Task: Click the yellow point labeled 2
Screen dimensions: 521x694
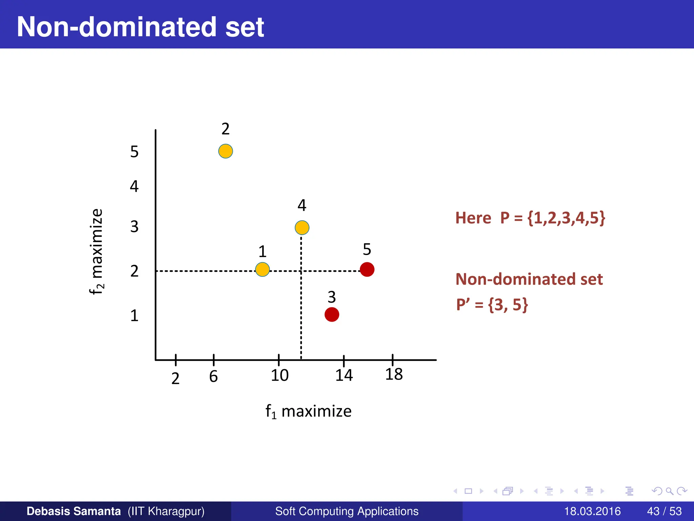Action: coord(225,151)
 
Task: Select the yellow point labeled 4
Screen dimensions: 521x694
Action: coord(302,227)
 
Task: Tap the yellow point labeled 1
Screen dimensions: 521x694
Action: coord(262,269)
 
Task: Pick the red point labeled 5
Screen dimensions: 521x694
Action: coord(367,269)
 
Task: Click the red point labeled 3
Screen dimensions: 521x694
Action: coord(332,314)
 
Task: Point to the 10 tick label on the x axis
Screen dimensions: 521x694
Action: coord(280,375)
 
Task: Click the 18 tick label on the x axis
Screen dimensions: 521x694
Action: coord(394,374)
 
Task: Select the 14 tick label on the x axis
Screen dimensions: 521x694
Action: coord(344,375)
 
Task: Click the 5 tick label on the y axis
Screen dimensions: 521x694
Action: coord(134,152)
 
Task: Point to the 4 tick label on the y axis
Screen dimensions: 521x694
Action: coord(134,186)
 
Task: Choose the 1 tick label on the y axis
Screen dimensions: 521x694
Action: coord(134,316)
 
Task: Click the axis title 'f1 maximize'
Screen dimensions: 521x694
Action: coord(308,411)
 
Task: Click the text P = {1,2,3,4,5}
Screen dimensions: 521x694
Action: coord(552,218)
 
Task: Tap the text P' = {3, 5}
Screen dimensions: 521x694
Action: coord(492,304)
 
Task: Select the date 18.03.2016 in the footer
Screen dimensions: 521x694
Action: coord(592,511)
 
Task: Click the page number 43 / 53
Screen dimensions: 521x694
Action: coord(664,511)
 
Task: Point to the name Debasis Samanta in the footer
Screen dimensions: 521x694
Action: coord(74,511)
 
